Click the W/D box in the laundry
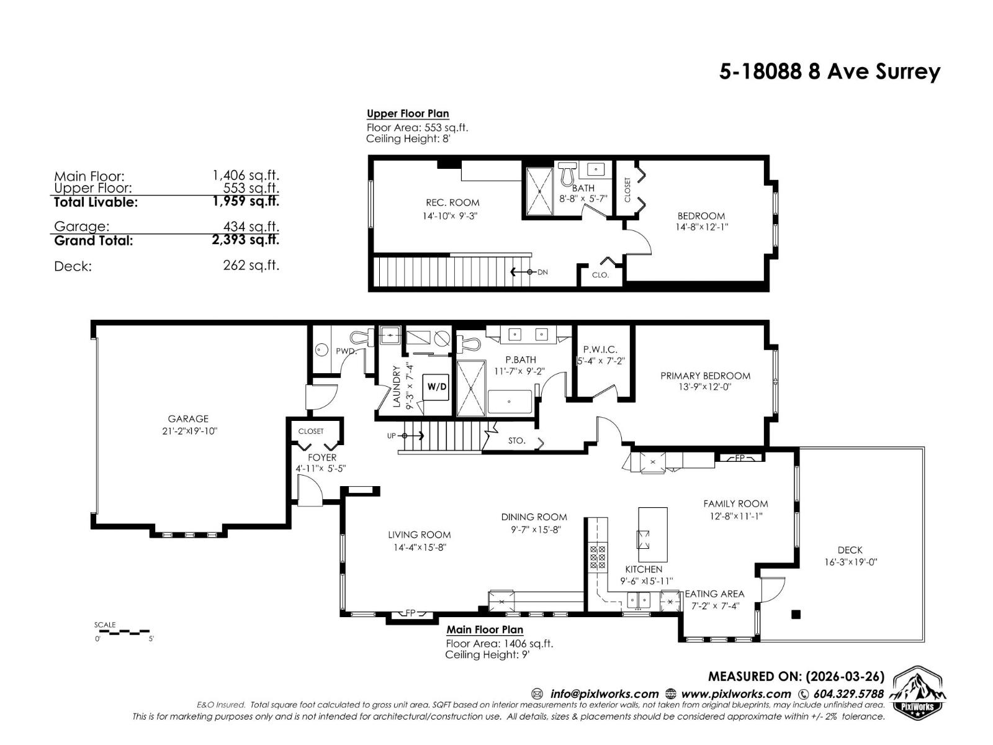coord(436,387)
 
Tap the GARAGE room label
coord(188,419)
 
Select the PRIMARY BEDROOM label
coord(705,376)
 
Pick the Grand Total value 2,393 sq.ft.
coord(245,240)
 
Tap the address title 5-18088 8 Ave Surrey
coord(829,72)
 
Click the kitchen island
coord(653,535)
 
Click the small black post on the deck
coord(796,615)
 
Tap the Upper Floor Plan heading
coord(408,114)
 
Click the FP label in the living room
coord(410,613)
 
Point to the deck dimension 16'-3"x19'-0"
coord(850,562)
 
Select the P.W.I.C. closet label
coord(600,350)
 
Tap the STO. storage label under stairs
coord(516,441)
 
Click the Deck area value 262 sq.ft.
coord(251,266)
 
